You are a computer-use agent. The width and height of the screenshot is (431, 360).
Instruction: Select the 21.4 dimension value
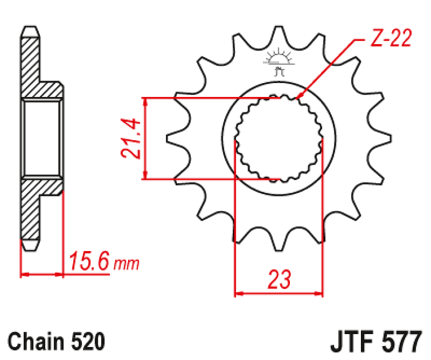(x=130, y=139)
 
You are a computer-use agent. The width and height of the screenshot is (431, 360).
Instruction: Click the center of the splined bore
(x=278, y=139)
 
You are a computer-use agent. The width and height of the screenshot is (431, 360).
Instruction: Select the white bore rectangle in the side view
(x=42, y=139)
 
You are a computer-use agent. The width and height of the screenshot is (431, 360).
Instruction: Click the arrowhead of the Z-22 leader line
(x=298, y=97)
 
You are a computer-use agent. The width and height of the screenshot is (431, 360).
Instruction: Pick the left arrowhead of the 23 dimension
(x=239, y=292)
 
